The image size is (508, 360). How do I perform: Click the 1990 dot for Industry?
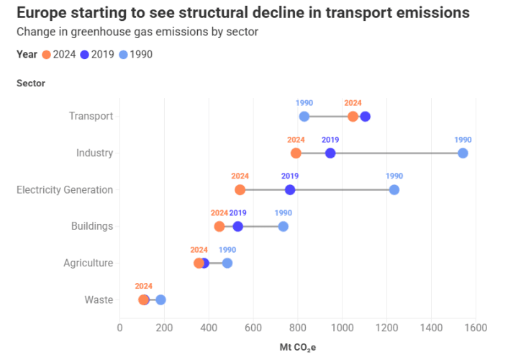click(x=463, y=153)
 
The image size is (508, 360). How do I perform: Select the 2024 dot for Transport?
click(x=353, y=117)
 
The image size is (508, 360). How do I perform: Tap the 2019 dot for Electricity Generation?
click(x=290, y=189)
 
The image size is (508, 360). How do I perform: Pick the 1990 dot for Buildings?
click(x=283, y=226)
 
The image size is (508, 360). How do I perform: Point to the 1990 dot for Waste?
click(x=160, y=300)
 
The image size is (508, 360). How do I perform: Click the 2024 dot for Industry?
click(x=296, y=153)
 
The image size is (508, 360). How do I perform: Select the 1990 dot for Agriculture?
click(x=227, y=263)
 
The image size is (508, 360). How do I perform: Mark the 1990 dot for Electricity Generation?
click(x=394, y=189)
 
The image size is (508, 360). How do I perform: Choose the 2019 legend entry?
click(x=97, y=55)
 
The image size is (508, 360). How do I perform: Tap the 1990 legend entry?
click(x=135, y=55)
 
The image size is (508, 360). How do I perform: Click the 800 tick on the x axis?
click(x=298, y=328)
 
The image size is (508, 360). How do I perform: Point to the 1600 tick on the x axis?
click(x=476, y=328)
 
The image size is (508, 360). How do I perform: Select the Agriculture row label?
click(x=88, y=263)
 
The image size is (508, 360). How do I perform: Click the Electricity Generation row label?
click(x=65, y=189)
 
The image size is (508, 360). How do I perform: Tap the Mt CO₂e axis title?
click(x=298, y=347)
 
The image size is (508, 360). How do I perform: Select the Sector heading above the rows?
click(x=31, y=83)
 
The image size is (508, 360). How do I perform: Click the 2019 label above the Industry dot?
click(x=330, y=140)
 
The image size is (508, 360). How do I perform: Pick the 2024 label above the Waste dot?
click(x=144, y=286)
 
